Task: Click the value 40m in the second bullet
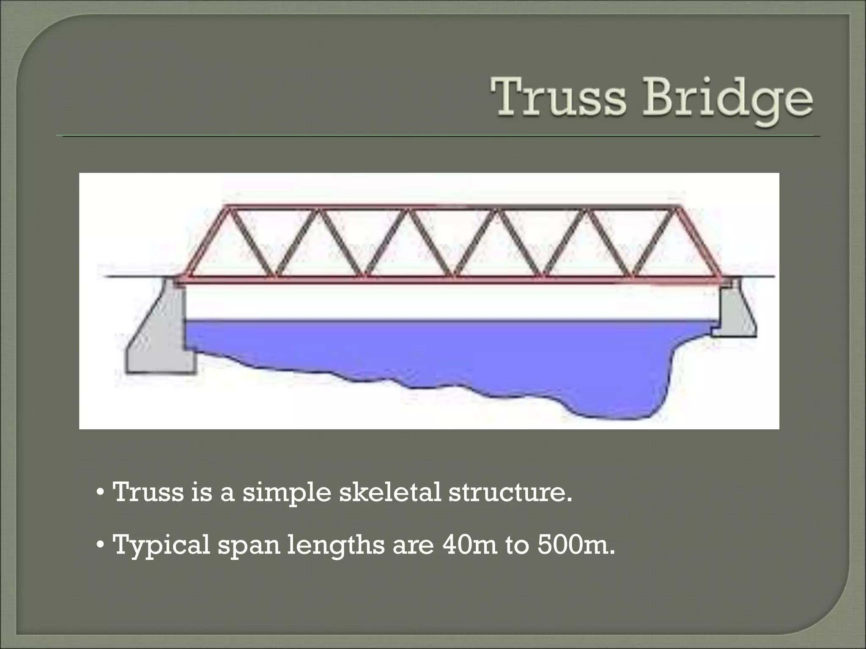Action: (469, 545)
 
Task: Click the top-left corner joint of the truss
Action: (227, 207)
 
